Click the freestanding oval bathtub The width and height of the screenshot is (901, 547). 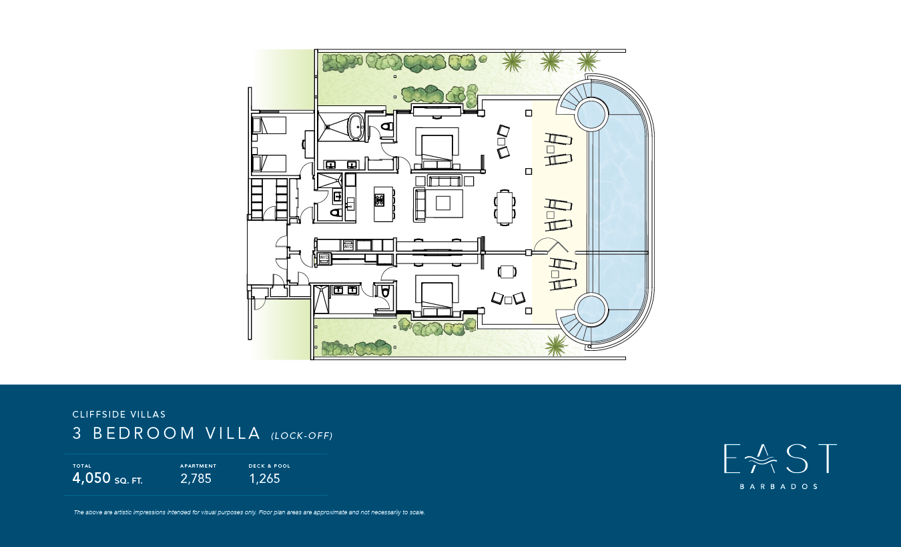(x=356, y=127)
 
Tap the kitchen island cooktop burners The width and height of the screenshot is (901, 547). (x=380, y=199)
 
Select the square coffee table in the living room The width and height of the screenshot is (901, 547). (x=443, y=203)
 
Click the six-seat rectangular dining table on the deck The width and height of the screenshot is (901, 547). (x=505, y=207)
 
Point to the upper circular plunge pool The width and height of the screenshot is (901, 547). (x=591, y=114)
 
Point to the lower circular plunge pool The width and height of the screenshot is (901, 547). (x=591, y=310)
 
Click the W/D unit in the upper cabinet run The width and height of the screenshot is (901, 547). (x=348, y=245)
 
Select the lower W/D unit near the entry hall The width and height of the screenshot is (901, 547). (x=324, y=258)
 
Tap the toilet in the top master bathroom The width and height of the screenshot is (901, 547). (x=387, y=126)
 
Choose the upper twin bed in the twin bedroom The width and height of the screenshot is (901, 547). (x=269, y=125)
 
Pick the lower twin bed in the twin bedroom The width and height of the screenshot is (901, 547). (x=269, y=163)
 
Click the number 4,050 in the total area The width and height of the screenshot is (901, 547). (x=91, y=478)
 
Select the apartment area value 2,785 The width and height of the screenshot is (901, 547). (x=196, y=478)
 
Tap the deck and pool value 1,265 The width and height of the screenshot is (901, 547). (x=264, y=478)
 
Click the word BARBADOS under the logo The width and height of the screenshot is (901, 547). (x=778, y=486)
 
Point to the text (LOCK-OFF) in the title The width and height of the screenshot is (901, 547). (x=302, y=436)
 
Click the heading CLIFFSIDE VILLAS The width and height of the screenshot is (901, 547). (x=119, y=414)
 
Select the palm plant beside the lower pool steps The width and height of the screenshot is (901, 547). (x=557, y=344)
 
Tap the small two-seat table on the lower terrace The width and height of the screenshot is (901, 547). (x=507, y=272)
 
